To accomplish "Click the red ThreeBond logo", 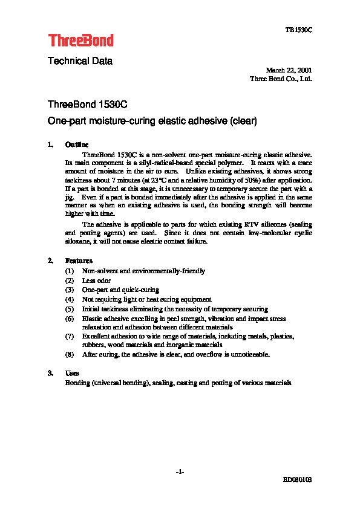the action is (x=80, y=41).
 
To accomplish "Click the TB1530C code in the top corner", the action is (x=299, y=30).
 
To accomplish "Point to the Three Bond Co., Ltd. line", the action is (x=281, y=79).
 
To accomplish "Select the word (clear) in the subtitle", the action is (x=244, y=121).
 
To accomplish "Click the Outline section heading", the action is (x=77, y=145).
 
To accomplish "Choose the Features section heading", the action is (x=79, y=261).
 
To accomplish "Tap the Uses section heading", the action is (x=72, y=374).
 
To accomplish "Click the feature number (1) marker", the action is (x=70, y=271).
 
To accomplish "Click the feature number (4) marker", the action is (x=70, y=299).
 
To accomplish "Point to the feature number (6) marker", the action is (x=70, y=318).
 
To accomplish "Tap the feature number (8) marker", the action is (x=70, y=354).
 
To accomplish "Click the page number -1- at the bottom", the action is (x=180, y=472).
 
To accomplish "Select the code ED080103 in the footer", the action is (x=297, y=479).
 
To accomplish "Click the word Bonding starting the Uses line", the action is (x=78, y=383).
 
